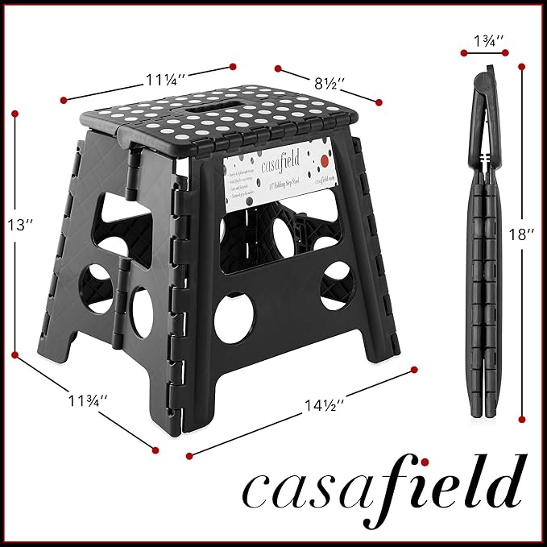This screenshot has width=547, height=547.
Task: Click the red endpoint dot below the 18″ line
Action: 523,419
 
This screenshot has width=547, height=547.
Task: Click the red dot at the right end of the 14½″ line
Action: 414,369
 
